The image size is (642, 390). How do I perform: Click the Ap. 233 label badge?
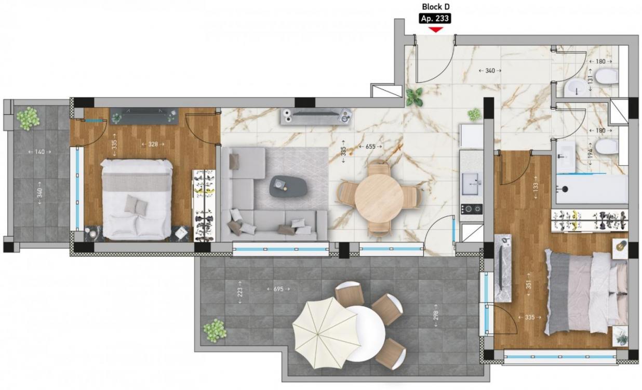pos(435,19)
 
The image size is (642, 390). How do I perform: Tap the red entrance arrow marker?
pos(435,30)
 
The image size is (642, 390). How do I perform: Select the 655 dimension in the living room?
pos(370,147)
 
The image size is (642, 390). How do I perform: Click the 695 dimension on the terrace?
pos(278,289)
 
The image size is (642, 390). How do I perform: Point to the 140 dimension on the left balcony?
pos(39,151)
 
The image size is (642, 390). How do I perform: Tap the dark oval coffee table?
pos(288,186)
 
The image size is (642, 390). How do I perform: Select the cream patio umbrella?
pos(327,333)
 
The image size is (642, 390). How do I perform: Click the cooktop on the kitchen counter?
pos(472,209)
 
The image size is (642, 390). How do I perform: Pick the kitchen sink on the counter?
pos(472,184)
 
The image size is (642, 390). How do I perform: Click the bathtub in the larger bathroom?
pos(592,189)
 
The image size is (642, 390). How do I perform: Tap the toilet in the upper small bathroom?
pos(607,76)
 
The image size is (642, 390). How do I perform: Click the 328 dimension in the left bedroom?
pos(153,144)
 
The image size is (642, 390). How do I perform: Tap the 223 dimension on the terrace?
pos(240,292)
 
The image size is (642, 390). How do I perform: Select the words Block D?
pos(435,7)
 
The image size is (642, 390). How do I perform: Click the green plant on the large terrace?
pos(215,330)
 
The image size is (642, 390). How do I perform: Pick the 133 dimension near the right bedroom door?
pos(536,187)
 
